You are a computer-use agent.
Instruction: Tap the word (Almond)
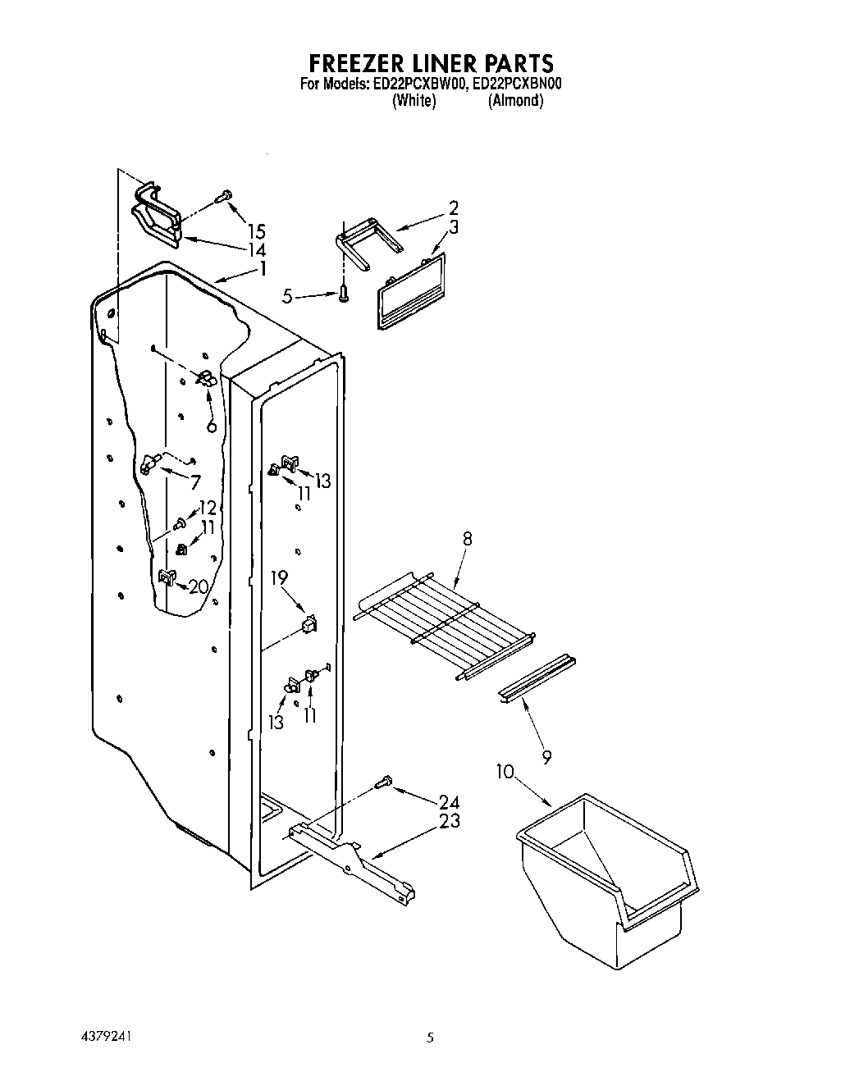pos(515,101)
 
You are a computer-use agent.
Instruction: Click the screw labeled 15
pos(222,195)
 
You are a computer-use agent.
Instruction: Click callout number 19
pos(280,578)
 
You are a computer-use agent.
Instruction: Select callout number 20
pos(198,586)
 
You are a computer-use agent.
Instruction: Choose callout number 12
pos(207,509)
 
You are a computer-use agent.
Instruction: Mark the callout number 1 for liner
pos(263,267)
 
